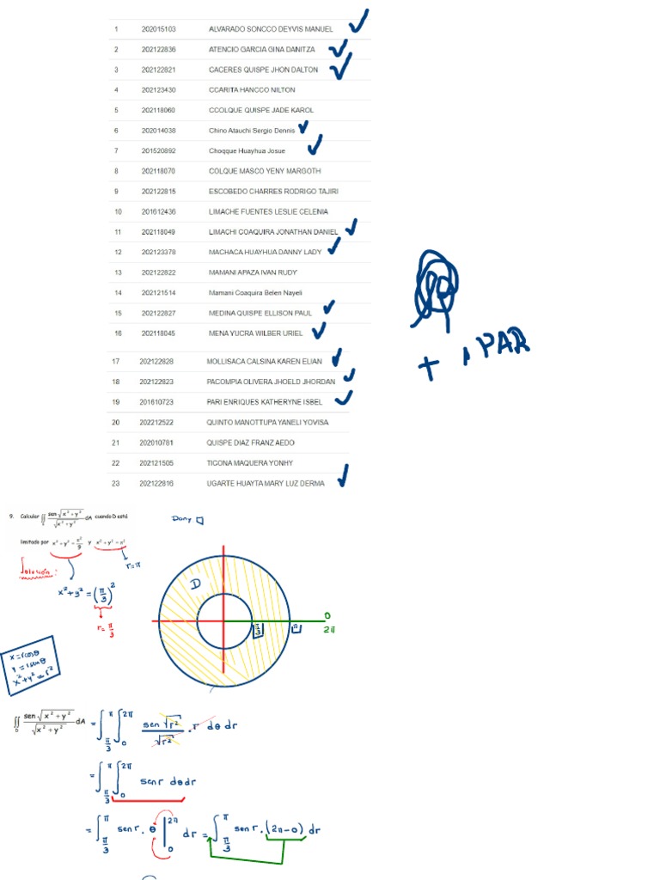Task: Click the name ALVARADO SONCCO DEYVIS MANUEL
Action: [271, 29]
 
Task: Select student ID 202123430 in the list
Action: [158, 90]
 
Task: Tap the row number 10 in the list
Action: [118, 211]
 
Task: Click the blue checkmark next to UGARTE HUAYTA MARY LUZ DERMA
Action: [343, 475]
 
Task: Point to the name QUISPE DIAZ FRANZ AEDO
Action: [250, 443]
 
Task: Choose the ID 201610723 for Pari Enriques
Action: [156, 402]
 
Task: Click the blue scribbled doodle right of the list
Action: [436, 287]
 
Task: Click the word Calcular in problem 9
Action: [31, 516]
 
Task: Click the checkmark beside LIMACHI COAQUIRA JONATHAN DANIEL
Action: [350, 229]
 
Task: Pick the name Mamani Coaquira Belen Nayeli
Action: [255, 293]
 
